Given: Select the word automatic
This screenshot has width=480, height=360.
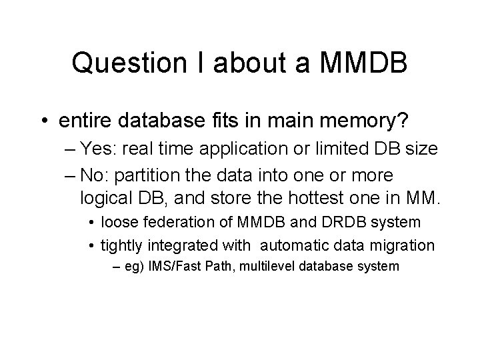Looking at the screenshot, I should (291, 245).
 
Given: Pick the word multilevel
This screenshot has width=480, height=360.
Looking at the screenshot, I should (264, 267).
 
